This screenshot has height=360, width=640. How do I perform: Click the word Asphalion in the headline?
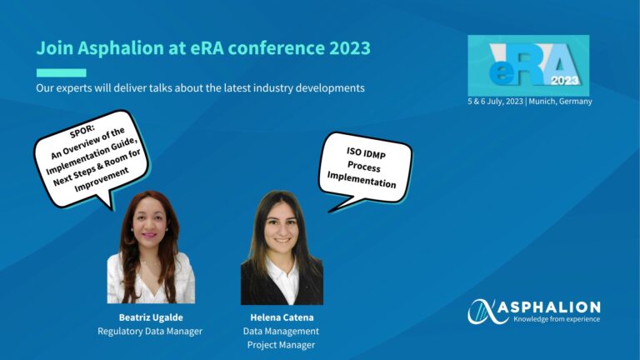point(121,48)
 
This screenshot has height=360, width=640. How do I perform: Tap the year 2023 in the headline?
point(350,48)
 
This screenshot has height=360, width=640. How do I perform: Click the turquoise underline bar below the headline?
point(61,73)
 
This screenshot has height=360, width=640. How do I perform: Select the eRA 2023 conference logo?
point(528,65)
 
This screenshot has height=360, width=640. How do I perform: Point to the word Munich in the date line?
point(542,101)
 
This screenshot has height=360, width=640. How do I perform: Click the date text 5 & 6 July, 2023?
point(495,101)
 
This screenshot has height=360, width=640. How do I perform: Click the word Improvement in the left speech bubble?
point(102,180)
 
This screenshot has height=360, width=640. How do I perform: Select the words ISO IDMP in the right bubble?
point(366,153)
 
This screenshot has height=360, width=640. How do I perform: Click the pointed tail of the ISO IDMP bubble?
point(330,211)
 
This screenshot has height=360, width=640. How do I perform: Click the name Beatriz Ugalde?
point(151,317)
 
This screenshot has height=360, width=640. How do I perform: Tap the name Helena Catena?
point(282,317)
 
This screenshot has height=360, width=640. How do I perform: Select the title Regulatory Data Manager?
point(150,331)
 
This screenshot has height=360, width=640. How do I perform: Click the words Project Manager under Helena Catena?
point(281,345)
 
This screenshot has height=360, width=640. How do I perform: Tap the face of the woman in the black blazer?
point(281,227)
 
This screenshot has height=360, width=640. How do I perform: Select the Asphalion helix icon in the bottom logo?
point(482,312)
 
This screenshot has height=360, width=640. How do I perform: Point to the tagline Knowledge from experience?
point(557,319)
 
